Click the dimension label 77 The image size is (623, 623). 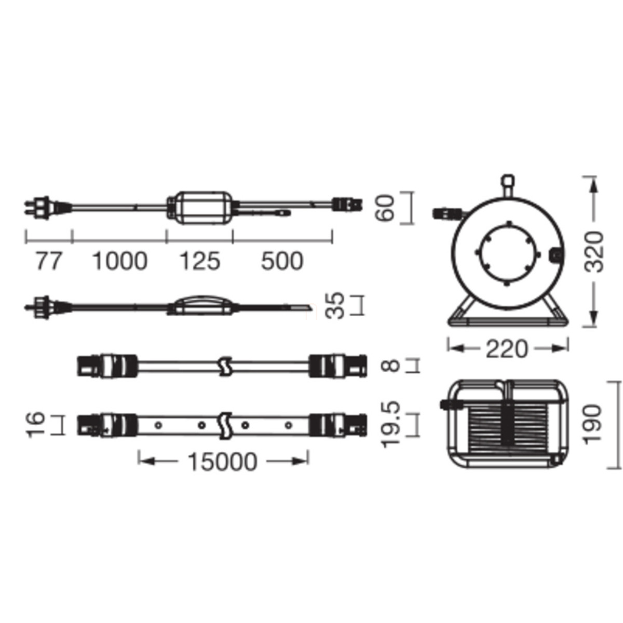[48, 261]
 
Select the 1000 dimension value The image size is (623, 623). [120, 261]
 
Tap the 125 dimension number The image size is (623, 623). [200, 261]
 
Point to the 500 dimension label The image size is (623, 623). [282, 261]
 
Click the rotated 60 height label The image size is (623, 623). [385, 208]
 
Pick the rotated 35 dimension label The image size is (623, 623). [335, 305]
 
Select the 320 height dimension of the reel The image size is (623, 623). [595, 252]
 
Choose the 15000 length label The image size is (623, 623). [223, 462]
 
